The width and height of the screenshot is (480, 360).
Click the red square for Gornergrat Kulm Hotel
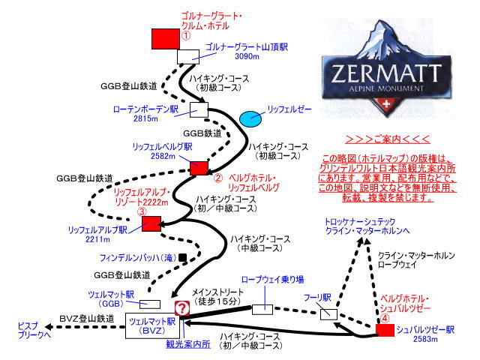(166, 39)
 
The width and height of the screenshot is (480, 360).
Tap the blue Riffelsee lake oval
(250, 118)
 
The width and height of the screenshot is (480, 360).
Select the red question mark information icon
(182, 308)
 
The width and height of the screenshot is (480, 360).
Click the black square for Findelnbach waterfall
(182, 257)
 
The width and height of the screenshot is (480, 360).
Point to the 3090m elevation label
(247, 56)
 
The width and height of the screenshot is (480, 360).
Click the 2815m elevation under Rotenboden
(145, 118)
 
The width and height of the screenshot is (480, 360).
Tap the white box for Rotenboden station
(199, 110)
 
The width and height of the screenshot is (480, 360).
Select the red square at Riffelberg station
(199, 168)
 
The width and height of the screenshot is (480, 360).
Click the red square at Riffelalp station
(151, 223)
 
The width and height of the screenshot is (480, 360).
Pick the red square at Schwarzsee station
(385, 330)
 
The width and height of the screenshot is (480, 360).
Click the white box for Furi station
(328, 314)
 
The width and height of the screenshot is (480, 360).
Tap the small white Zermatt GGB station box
(150, 304)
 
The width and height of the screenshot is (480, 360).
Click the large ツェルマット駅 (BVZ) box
(152, 325)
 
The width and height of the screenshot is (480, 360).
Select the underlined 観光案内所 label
(188, 344)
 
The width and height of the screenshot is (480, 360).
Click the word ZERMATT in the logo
(386, 73)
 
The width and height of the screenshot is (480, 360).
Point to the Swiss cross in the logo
(386, 103)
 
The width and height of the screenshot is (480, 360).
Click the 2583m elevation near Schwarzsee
(425, 339)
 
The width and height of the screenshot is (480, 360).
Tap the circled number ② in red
(217, 178)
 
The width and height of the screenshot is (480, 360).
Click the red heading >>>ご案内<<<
(388, 139)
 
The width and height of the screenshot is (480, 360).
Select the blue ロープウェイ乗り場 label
(272, 280)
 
